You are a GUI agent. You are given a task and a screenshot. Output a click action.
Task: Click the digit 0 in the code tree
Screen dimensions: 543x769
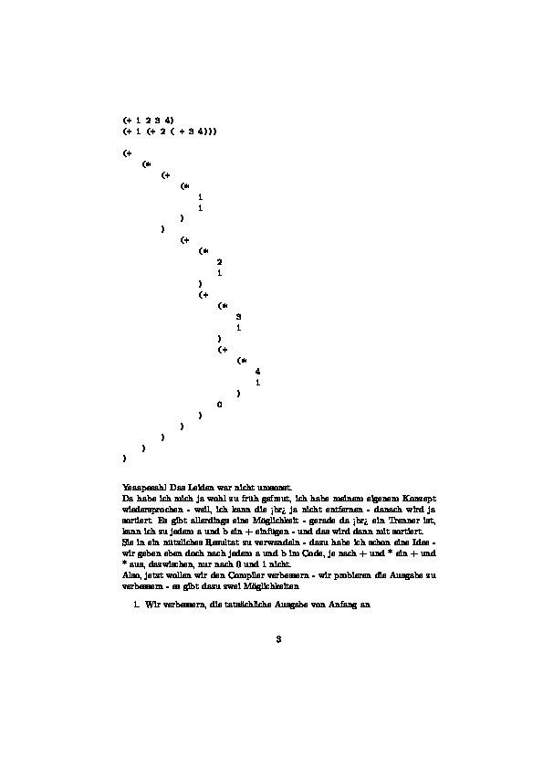point(219,404)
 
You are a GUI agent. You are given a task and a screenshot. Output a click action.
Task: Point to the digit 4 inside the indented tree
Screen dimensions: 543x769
point(258,371)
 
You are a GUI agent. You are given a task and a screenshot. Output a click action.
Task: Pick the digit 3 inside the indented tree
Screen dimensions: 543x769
point(238,316)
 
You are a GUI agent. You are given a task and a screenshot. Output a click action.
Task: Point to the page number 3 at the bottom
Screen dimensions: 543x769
point(278,639)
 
